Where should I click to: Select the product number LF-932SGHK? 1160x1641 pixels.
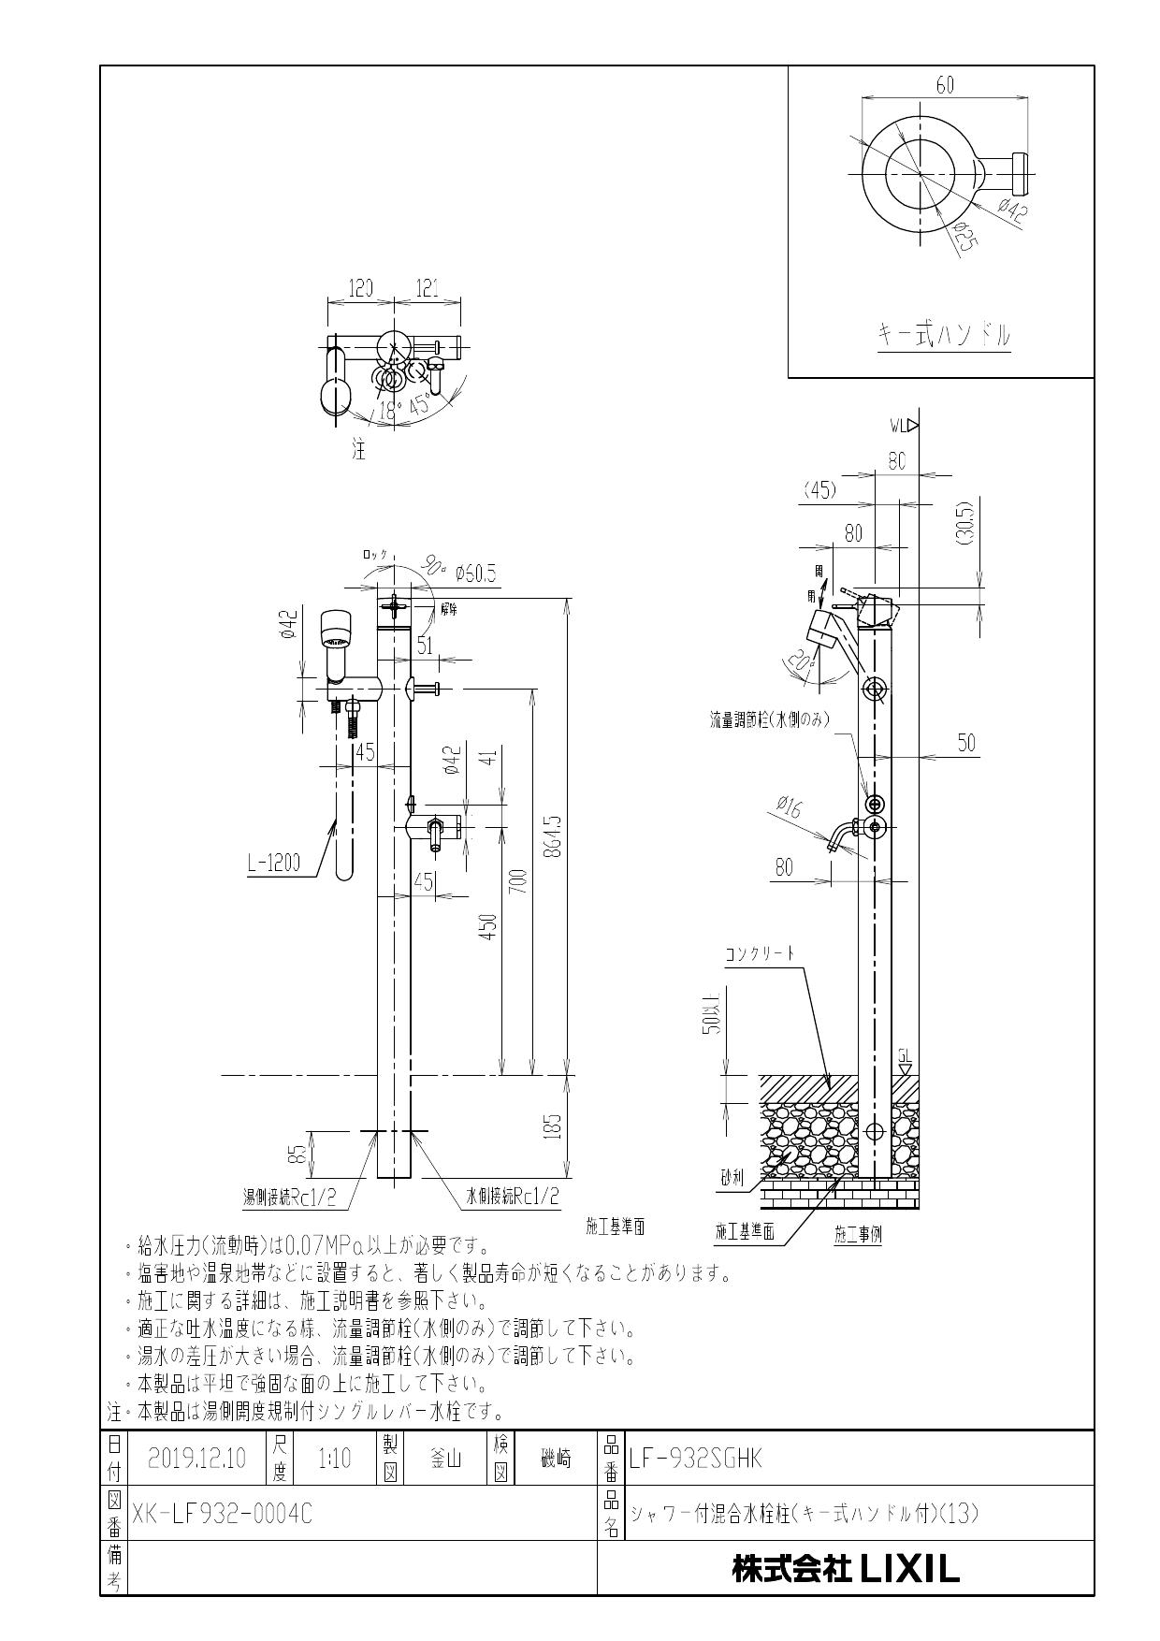click(x=697, y=1459)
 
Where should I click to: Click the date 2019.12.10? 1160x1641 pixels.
click(x=196, y=1459)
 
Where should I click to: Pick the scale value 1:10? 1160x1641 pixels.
click(x=334, y=1459)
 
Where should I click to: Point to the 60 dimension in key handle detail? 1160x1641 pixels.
click(x=944, y=85)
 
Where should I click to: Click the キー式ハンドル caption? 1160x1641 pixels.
click(x=944, y=334)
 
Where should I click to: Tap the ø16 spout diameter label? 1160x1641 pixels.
click(x=789, y=806)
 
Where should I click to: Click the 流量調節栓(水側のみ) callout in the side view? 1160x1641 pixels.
click(x=770, y=720)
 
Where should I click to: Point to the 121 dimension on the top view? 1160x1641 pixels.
click(x=427, y=288)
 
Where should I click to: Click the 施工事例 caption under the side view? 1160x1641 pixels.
click(x=858, y=1233)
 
